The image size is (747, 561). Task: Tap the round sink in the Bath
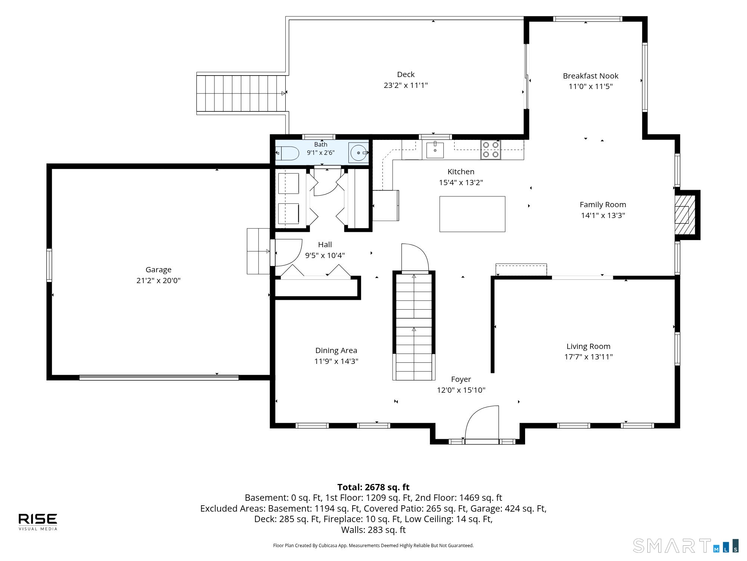tap(359, 153)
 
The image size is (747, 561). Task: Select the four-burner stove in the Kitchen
tap(490, 150)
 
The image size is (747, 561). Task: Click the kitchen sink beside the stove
tap(435, 150)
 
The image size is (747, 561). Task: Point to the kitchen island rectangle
tap(472, 214)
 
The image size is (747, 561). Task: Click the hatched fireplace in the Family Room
tap(685, 215)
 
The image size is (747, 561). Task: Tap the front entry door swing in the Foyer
tap(482, 423)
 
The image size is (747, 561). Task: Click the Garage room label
tap(158, 270)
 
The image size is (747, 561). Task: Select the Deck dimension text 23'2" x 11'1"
tap(406, 85)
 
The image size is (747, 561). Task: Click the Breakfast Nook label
tap(591, 76)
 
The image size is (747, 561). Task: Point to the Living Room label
tap(588, 346)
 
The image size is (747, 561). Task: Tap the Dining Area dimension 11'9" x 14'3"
tap(336, 361)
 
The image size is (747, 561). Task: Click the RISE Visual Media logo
tap(38, 522)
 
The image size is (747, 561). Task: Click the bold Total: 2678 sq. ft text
tap(373, 487)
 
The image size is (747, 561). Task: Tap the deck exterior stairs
tap(241, 93)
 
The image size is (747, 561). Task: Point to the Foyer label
tap(461, 379)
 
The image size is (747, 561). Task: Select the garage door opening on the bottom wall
tap(159, 378)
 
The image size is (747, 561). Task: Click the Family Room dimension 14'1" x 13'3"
tap(603, 215)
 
